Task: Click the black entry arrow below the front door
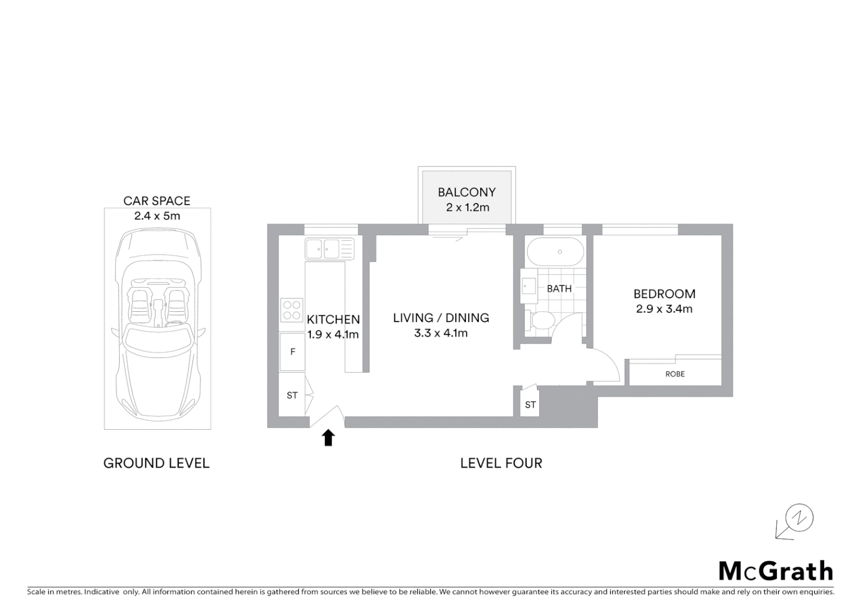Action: [x=328, y=438]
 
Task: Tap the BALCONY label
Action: [x=467, y=192]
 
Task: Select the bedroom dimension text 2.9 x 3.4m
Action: [x=664, y=309]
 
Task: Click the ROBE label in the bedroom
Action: [x=675, y=374]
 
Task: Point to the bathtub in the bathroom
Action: [x=555, y=251]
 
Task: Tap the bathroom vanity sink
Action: [x=529, y=286]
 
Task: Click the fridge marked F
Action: [x=292, y=352]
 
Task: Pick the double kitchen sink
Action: [x=329, y=248]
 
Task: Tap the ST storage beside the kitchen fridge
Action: [x=292, y=395]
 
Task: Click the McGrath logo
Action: [x=776, y=571]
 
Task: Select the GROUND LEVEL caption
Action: [x=156, y=464]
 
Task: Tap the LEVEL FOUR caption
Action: [x=501, y=464]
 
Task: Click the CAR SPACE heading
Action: [x=157, y=201]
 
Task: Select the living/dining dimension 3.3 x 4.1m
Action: [x=441, y=333]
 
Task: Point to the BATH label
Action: [x=559, y=289]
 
